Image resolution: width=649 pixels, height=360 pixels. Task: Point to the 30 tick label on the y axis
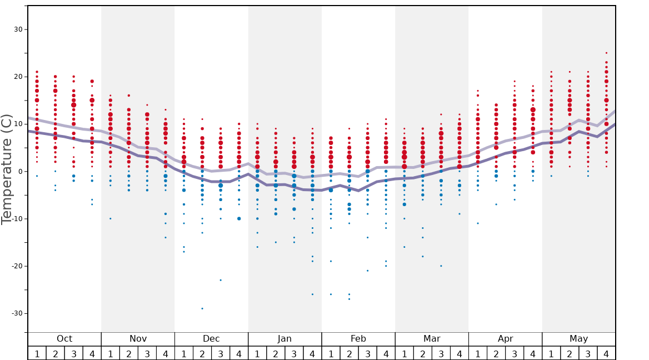[x=17, y=29]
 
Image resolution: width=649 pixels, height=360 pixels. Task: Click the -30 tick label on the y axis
[x=16, y=313]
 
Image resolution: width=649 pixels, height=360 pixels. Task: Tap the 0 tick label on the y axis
[x=19, y=172]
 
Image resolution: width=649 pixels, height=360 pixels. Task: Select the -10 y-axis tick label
[x=16, y=219]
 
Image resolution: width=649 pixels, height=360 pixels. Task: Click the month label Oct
[x=64, y=339]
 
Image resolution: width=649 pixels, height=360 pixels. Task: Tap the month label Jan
[x=284, y=339]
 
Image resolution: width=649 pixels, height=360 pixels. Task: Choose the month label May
[x=578, y=339]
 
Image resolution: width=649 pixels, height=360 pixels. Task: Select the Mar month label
[x=432, y=339]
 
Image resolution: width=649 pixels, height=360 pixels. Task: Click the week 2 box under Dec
[x=202, y=353]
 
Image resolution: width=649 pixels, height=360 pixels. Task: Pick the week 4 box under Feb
[x=386, y=353]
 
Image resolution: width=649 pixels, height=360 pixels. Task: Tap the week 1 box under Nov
[x=111, y=353]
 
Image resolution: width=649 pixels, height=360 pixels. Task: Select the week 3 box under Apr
[x=515, y=353]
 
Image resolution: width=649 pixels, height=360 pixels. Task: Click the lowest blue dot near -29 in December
[x=202, y=308]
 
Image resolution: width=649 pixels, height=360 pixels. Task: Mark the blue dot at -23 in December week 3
[x=221, y=280]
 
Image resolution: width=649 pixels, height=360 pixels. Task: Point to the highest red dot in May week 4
[x=606, y=53]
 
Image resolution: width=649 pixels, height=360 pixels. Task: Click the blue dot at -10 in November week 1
[x=111, y=218]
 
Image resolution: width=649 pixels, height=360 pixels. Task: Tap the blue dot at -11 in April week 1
[x=478, y=223]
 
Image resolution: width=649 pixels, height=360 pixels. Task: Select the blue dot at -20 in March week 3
[x=441, y=266]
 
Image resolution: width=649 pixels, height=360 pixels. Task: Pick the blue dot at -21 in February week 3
[x=367, y=271]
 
